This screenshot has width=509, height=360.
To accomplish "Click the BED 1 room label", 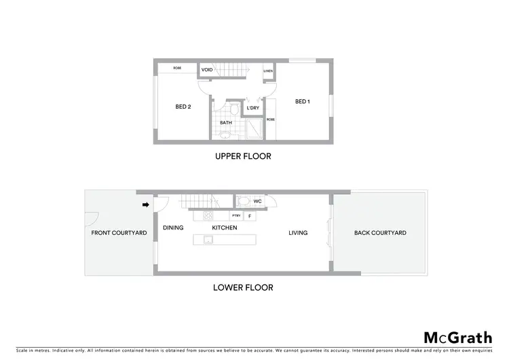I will click(x=303, y=102).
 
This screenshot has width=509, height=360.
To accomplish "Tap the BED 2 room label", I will click(x=183, y=106).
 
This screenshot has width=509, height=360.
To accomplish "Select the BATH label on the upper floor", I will click(x=226, y=122).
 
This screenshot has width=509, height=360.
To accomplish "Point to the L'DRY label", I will click(x=252, y=108).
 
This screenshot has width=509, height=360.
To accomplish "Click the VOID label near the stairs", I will click(x=208, y=70).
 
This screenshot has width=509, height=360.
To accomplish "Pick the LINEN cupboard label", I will click(x=269, y=70).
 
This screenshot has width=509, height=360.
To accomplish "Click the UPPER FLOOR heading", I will click(x=243, y=156).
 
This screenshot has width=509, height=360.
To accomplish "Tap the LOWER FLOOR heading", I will click(x=243, y=287).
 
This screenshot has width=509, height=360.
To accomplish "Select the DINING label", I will click(x=173, y=228).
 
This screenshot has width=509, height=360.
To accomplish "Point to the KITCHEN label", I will click(x=225, y=228).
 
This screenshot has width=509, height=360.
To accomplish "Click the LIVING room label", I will click(x=298, y=233).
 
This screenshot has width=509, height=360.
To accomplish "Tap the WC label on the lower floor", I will click(x=258, y=201).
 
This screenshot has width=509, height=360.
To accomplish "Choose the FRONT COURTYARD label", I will click(x=119, y=233).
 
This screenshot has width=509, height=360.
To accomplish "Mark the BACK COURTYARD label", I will click(x=380, y=233).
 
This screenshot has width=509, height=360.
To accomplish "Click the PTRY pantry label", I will click(x=236, y=216).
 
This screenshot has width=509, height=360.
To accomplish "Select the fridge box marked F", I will click(x=250, y=216).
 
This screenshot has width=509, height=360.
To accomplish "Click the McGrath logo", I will click(x=458, y=338).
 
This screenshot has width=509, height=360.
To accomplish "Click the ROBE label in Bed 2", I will click(x=177, y=68).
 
